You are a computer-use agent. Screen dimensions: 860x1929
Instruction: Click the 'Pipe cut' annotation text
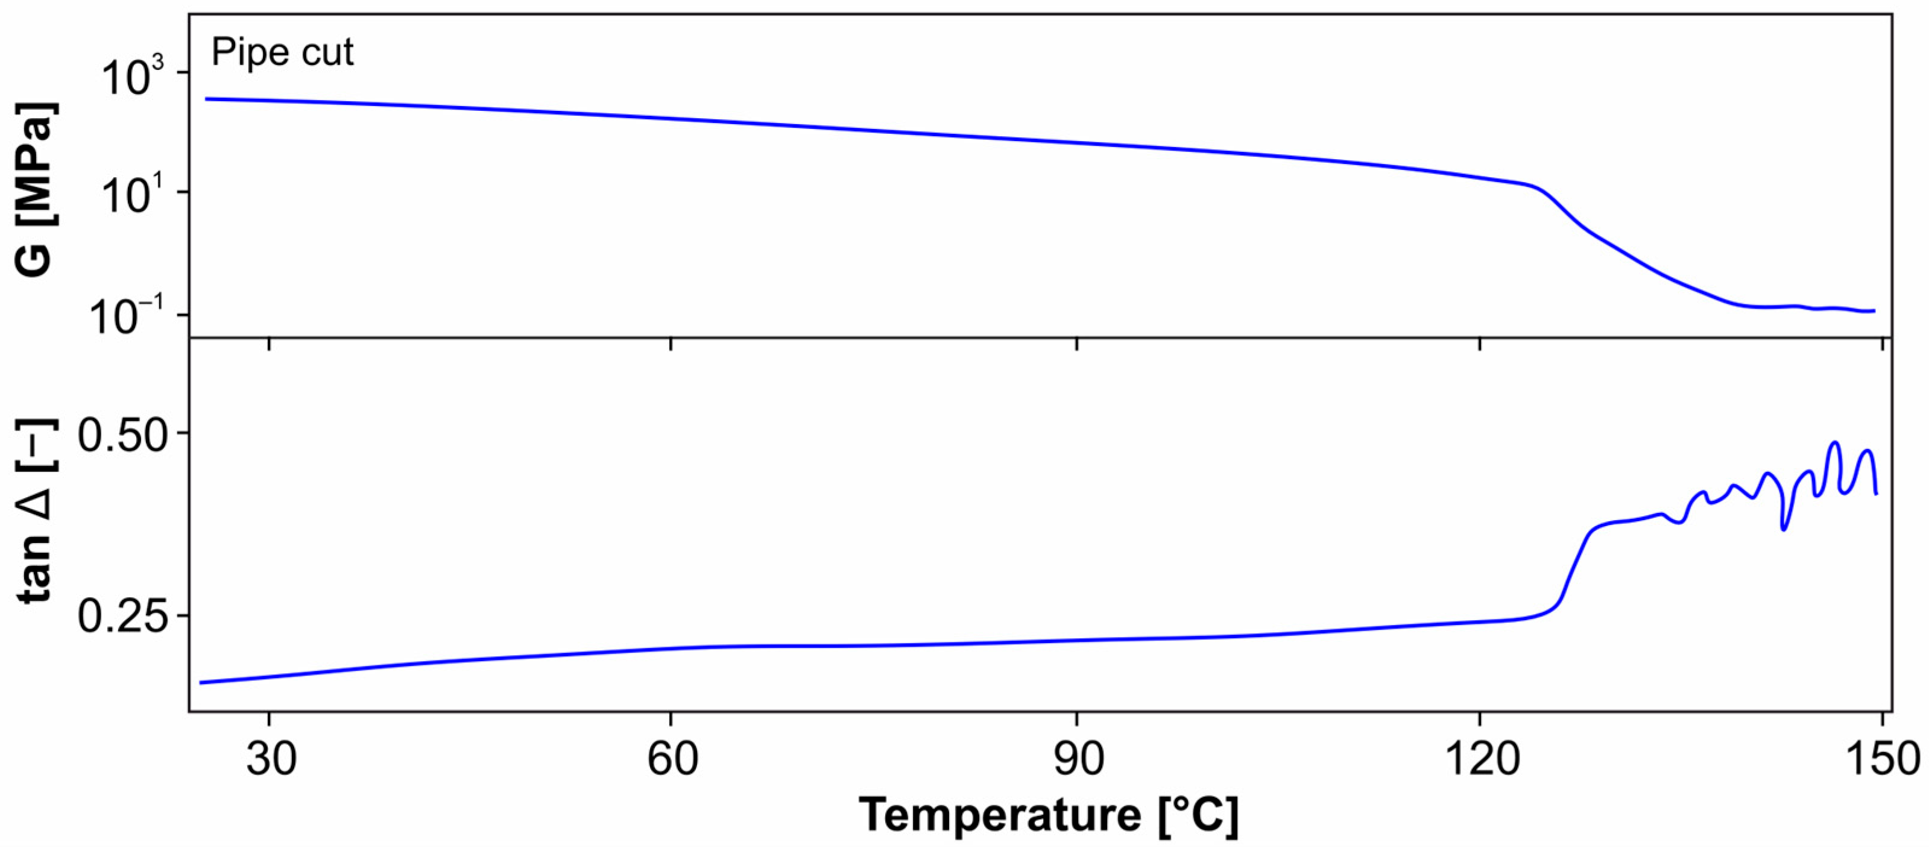(x=282, y=52)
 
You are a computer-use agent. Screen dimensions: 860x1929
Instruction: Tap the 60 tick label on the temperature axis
(x=671, y=758)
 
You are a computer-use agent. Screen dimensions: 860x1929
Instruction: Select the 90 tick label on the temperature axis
(x=1077, y=758)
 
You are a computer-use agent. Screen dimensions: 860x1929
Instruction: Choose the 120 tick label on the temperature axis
(x=1480, y=758)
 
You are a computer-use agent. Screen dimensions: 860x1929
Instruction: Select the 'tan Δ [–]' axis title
(x=34, y=511)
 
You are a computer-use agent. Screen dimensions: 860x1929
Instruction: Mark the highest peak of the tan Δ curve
(x=1834, y=442)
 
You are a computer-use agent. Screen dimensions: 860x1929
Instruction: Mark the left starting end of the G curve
(x=207, y=99)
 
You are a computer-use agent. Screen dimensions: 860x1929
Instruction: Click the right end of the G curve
(x=1874, y=310)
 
